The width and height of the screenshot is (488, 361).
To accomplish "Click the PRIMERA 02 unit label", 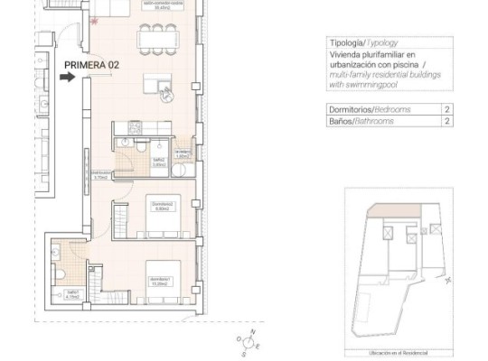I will click(92, 65).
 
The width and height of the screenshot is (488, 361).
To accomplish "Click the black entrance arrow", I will click(67, 78).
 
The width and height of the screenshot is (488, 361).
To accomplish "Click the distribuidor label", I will click(102, 174).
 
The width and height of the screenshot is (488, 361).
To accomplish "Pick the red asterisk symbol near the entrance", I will click(94, 21).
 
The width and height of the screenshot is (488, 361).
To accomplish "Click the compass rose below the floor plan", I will click(246, 342).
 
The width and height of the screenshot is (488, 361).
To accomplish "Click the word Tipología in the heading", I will click(344, 42).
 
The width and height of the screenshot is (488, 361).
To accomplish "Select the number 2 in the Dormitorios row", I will click(446, 109).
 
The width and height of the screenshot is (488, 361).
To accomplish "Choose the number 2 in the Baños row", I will click(446, 121).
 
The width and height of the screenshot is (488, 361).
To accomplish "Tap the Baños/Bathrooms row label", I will click(361, 121).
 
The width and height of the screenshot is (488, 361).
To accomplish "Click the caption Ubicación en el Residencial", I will click(398, 353).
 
